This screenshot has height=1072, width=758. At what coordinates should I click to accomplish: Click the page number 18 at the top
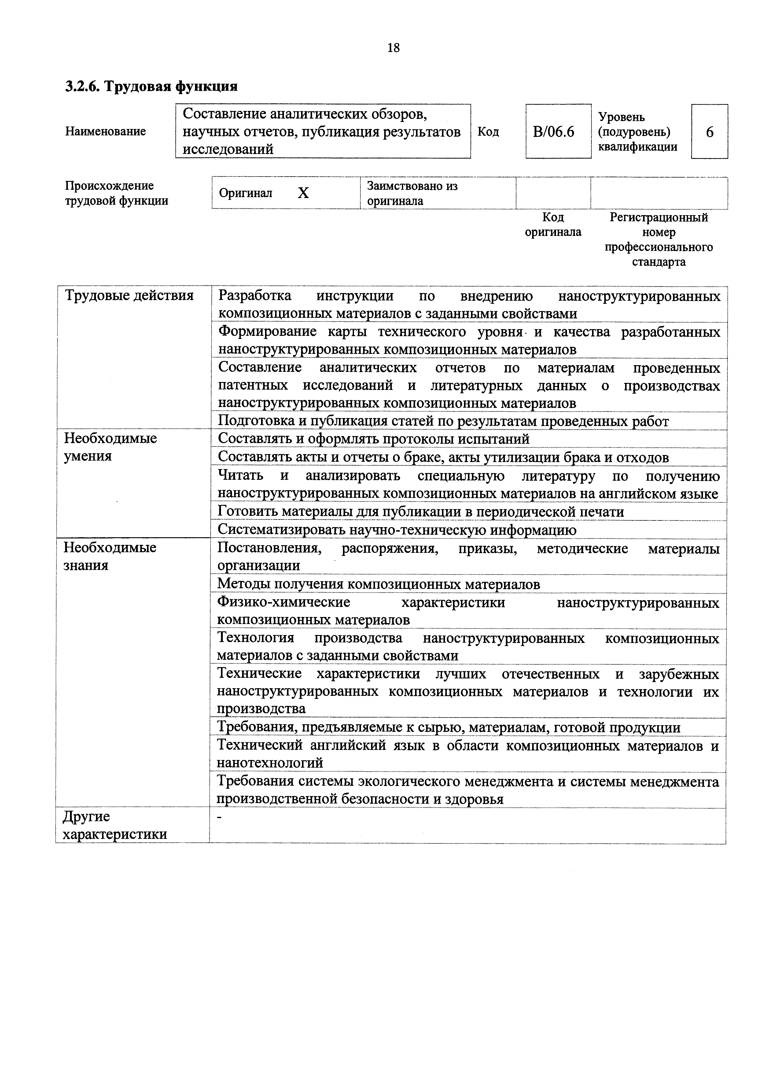point(393,48)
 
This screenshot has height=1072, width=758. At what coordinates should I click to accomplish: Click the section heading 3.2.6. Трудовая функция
point(151,86)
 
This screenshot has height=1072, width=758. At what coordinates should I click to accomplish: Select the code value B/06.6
point(554,132)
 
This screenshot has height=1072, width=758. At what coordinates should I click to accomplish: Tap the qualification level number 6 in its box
point(709,132)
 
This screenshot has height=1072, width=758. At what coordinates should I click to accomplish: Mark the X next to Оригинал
point(304,193)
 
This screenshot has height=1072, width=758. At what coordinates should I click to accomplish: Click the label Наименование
point(105,131)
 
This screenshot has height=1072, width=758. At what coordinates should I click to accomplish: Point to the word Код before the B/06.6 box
point(488,132)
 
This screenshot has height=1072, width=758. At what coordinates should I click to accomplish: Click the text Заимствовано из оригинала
point(412,193)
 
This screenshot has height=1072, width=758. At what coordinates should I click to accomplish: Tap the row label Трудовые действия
point(129,296)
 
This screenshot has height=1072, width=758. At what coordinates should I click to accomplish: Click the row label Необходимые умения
point(110,447)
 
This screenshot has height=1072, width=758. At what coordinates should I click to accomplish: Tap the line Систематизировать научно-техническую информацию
point(397,530)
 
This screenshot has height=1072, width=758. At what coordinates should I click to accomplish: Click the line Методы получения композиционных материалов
point(378,584)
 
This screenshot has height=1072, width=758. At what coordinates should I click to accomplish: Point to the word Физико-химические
point(284,602)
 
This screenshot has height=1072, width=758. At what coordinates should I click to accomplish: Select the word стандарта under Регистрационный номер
point(659,262)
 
